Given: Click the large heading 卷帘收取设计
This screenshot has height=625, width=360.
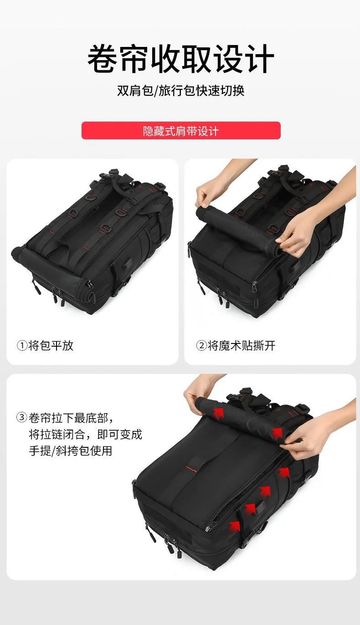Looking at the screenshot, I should [x=180, y=59].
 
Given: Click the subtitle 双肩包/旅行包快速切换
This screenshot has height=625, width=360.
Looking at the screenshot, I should [x=180, y=90].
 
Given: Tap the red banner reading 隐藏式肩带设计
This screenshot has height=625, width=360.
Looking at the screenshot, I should [x=180, y=131].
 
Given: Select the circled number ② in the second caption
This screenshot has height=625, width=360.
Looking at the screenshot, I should [x=201, y=346].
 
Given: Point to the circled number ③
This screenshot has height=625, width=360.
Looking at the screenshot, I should [x=21, y=417].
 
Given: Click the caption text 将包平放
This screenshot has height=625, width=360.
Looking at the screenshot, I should [x=51, y=346].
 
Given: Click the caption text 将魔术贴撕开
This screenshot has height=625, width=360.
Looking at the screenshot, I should [x=242, y=346].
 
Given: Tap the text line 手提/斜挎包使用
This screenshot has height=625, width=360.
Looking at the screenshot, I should [x=70, y=451].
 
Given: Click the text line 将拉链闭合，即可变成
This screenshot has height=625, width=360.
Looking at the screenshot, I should [x=85, y=434].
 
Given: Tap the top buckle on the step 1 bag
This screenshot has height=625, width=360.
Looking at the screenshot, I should [x=111, y=175].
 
